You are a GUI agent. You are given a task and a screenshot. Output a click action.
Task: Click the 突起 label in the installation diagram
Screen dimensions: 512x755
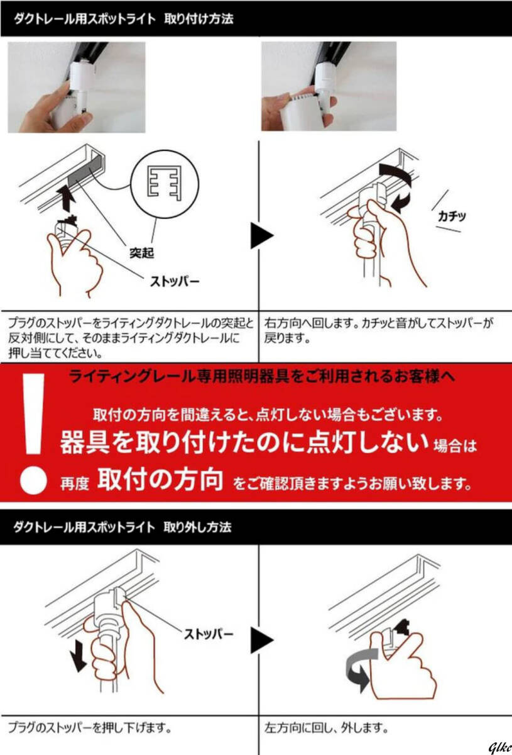[x=142, y=252]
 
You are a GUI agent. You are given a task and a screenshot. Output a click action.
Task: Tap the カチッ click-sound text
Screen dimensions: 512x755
[x=452, y=216]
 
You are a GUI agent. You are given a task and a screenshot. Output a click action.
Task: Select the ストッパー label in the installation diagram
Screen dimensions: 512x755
[x=175, y=281]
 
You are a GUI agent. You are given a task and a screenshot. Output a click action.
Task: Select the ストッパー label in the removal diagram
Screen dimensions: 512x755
[x=209, y=635]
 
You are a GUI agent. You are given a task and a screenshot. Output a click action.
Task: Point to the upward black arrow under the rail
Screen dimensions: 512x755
[x=67, y=199]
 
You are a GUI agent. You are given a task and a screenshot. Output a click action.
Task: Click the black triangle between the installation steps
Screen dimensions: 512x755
[x=262, y=235]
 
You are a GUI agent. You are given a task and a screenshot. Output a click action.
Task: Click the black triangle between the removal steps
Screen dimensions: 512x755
[x=262, y=640]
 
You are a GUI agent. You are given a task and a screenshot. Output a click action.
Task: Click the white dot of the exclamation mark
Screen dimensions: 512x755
[x=33, y=480]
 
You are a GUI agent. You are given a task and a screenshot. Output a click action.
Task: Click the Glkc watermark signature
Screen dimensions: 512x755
[x=500, y=748]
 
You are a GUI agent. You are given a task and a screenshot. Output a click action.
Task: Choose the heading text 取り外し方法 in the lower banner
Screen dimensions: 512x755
[x=198, y=527]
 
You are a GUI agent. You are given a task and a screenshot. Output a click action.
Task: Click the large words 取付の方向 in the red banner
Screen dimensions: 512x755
[x=160, y=479]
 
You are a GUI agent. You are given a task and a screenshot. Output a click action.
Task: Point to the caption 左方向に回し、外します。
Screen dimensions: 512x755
[x=326, y=728]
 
